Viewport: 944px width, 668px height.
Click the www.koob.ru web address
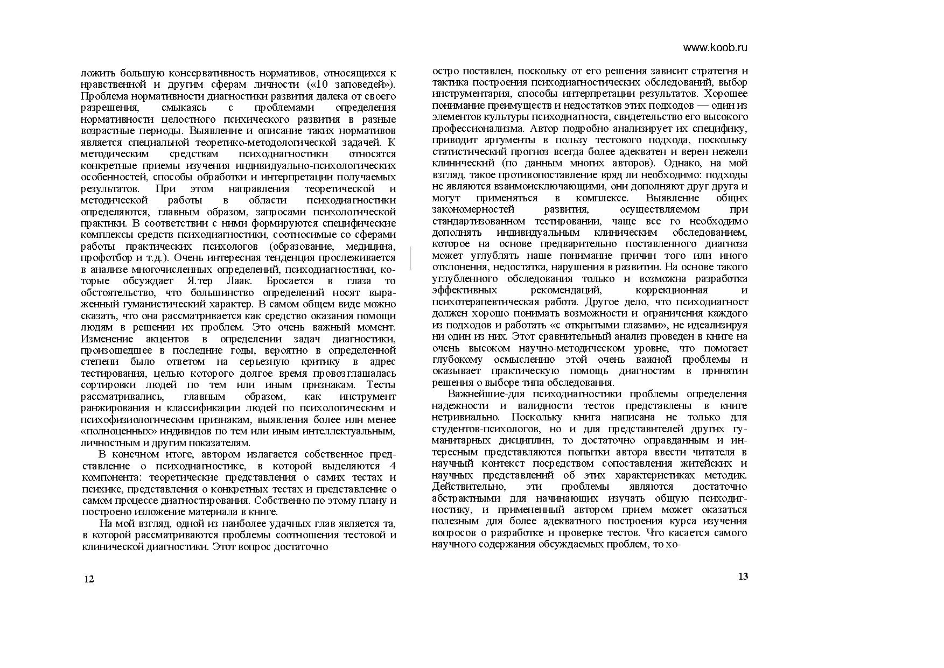click(715, 47)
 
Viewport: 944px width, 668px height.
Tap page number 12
click(89, 579)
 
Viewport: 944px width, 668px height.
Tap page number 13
click(743, 576)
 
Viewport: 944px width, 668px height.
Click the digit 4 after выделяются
click(392, 466)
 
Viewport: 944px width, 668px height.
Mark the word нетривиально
click(464, 417)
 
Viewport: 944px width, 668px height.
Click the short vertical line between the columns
click(410, 258)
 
